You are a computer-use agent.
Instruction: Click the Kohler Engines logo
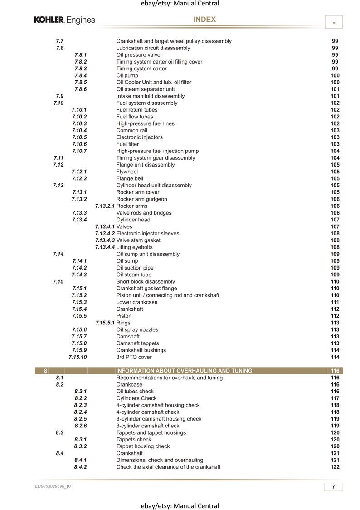(x=64, y=20)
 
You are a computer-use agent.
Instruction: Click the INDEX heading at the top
(x=204, y=20)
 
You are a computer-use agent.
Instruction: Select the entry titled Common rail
(x=131, y=130)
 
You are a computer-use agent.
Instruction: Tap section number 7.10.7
(x=79, y=151)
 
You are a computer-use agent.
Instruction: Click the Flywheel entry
(x=127, y=172)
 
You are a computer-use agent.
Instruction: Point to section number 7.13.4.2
(x=105, y=234)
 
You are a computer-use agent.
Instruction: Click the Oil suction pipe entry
(x=135, y=268)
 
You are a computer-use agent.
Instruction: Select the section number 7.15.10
(x=78, y=357)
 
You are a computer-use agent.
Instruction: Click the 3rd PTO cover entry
(x=134, y=357)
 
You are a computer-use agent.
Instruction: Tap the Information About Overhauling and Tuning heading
(x=184, y=371)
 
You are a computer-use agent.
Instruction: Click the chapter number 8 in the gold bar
(x=46, y=371)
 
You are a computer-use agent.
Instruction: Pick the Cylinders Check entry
(x=136, y=398)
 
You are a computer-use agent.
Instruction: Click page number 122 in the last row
(x=335, y=467)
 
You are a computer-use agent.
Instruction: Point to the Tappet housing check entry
(x=143, y=446)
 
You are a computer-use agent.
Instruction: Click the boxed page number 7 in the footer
(x=333, y=487)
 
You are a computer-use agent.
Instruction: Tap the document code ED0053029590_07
(x=53, y=486)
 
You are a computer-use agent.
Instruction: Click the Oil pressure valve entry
(x=138, y=55)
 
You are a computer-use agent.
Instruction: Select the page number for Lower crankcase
(x=335, y=302)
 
